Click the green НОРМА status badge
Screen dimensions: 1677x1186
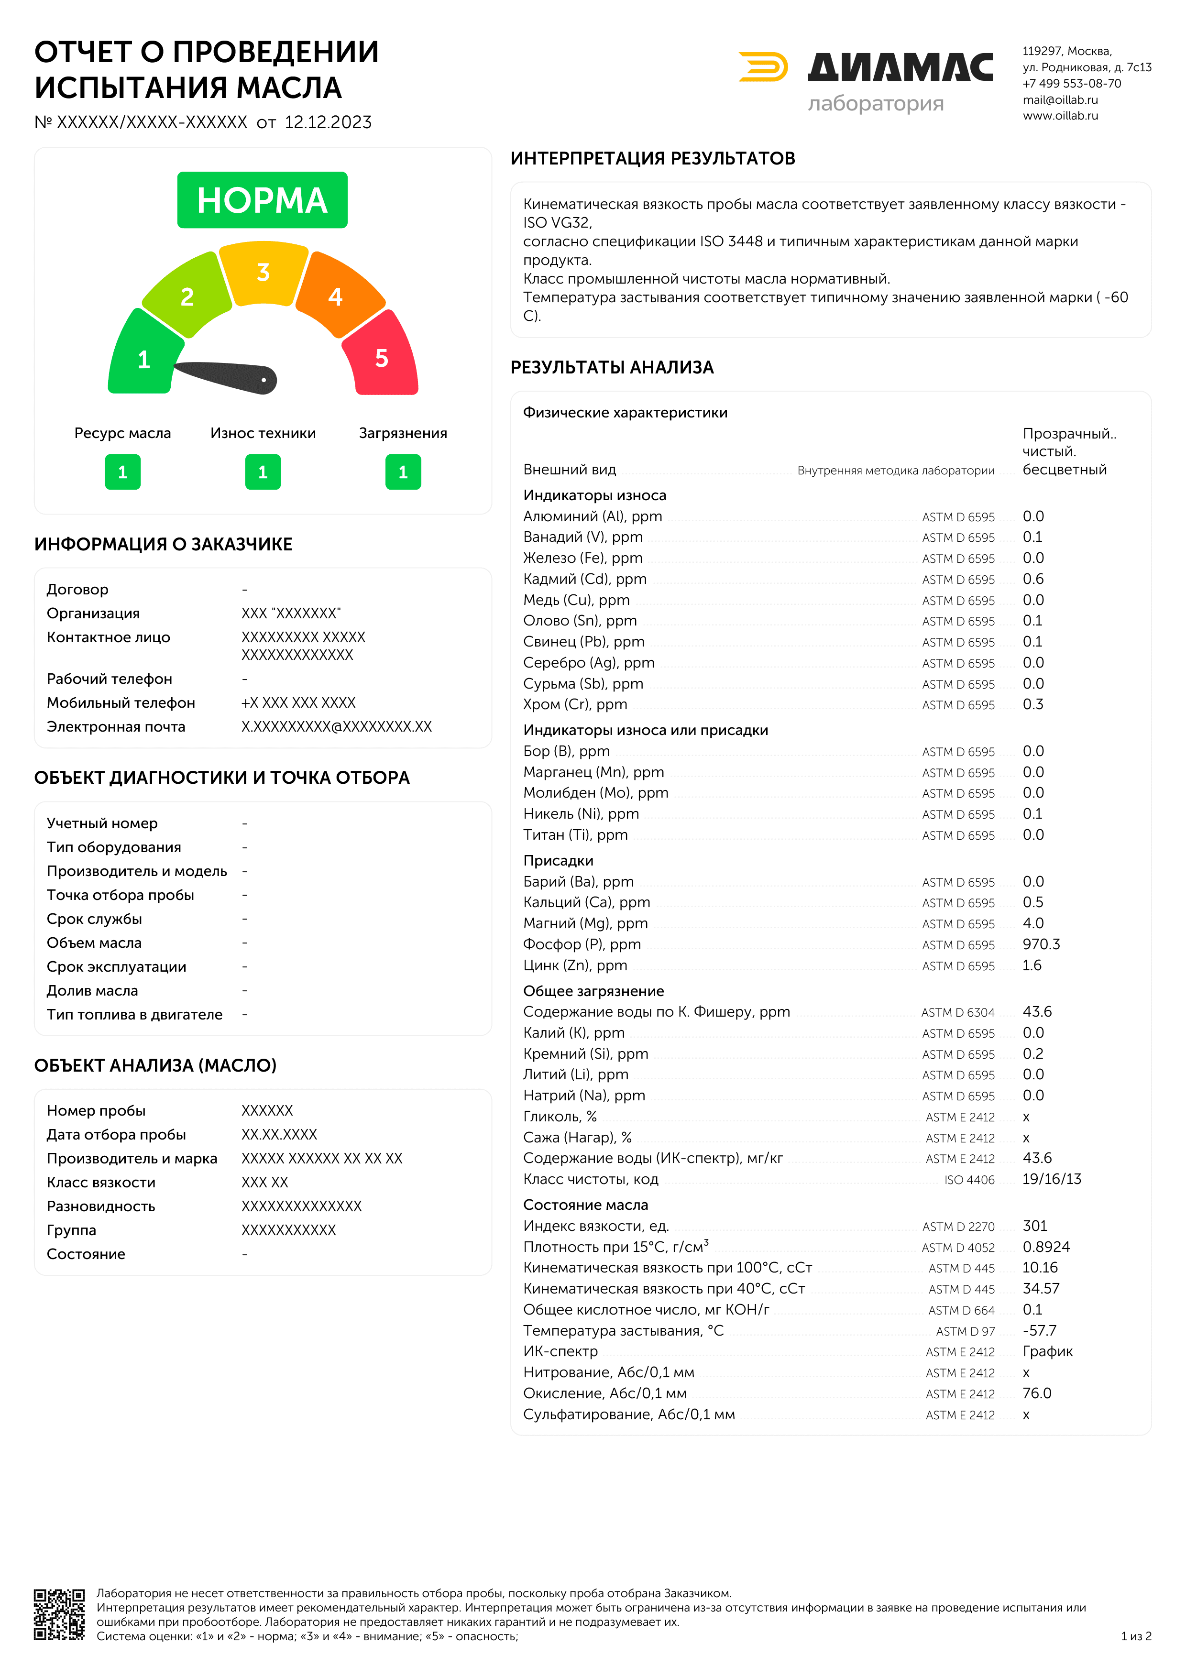[262, 200]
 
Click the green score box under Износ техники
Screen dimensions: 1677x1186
[263, 472]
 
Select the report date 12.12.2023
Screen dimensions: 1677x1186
[328, 122]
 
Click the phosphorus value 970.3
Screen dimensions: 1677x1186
[1041, 944]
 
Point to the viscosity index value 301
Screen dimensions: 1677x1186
[1035, 1226]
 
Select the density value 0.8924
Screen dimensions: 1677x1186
[1046, 1247]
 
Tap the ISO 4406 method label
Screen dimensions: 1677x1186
[969, 1180]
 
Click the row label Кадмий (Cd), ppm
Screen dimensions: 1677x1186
[584, 579]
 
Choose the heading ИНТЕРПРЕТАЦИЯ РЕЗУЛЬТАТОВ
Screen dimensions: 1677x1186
[652, 158]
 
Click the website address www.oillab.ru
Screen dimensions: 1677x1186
[1060, 115]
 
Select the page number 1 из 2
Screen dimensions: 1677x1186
[1136, 1636]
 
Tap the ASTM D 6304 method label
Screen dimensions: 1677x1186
[957, 1012]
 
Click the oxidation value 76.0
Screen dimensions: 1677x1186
[1036, 1393]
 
